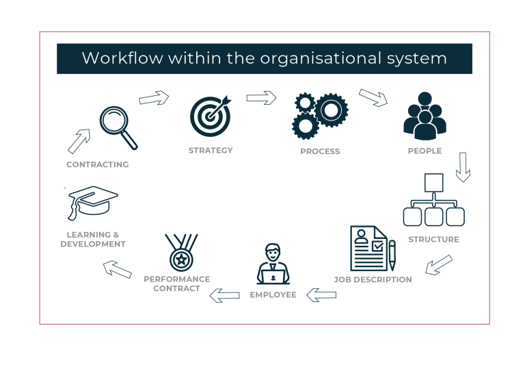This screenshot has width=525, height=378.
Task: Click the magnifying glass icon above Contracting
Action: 118,128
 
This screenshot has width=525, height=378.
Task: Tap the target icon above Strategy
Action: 211,116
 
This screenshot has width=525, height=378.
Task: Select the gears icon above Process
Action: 320,116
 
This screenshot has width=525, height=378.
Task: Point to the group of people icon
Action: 425,116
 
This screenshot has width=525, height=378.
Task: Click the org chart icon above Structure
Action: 434,199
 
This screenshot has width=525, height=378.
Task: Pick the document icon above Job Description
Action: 369,248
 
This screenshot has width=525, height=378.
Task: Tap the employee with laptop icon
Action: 273,264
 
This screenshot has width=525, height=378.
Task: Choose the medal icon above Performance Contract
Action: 181,253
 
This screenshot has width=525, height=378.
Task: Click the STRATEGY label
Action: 211,150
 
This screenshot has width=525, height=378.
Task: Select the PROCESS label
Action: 320,151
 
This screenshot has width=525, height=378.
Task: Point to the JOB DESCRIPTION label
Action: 373,279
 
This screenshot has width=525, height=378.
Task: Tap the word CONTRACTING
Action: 98,164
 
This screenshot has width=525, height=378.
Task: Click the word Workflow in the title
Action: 122,58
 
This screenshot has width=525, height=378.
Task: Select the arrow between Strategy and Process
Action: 262,98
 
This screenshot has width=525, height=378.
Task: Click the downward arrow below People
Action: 463,167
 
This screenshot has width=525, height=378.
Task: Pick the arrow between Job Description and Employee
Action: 321,295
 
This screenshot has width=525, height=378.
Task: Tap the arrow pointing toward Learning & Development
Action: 117,269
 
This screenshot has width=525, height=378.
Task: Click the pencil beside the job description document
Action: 392,255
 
